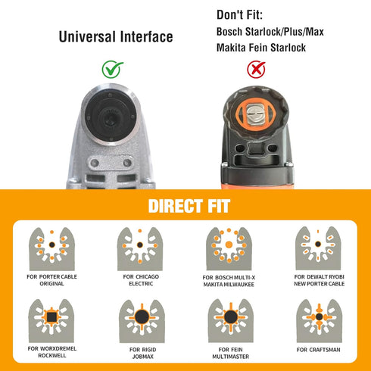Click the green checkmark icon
pyautogui.click(x=112, y=70)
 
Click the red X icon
pyautogui.click(x=256, y=70)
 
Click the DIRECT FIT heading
pyautogui.click(x=189, y=206)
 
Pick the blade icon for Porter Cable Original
pyautogui.click(x=52, y=248)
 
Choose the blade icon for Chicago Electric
pyautogui.click(x=140, y=248)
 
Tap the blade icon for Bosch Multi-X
pyautogui.click(x=229, y=248)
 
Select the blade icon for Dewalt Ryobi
pyautogui.click(x=318, y=248)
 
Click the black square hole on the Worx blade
pyautogui.click(x=51, y=317)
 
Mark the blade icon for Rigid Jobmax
pyautogui.click(x=142, y=321)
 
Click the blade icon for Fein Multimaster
pyautogui.click(x=231, y=321)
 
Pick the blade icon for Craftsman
pyautogui.click(x=320, y=321)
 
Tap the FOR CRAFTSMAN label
pyautogui.click(x=319, y=350)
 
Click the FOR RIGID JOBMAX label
pyautogui.click(x=143, y=353)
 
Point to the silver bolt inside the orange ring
pyautogui.click(x=255, y=114)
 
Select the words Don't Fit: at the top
pyautogui.click(x=239, y=15)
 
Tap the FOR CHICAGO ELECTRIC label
pyautogui.click(x=141, y=280)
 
